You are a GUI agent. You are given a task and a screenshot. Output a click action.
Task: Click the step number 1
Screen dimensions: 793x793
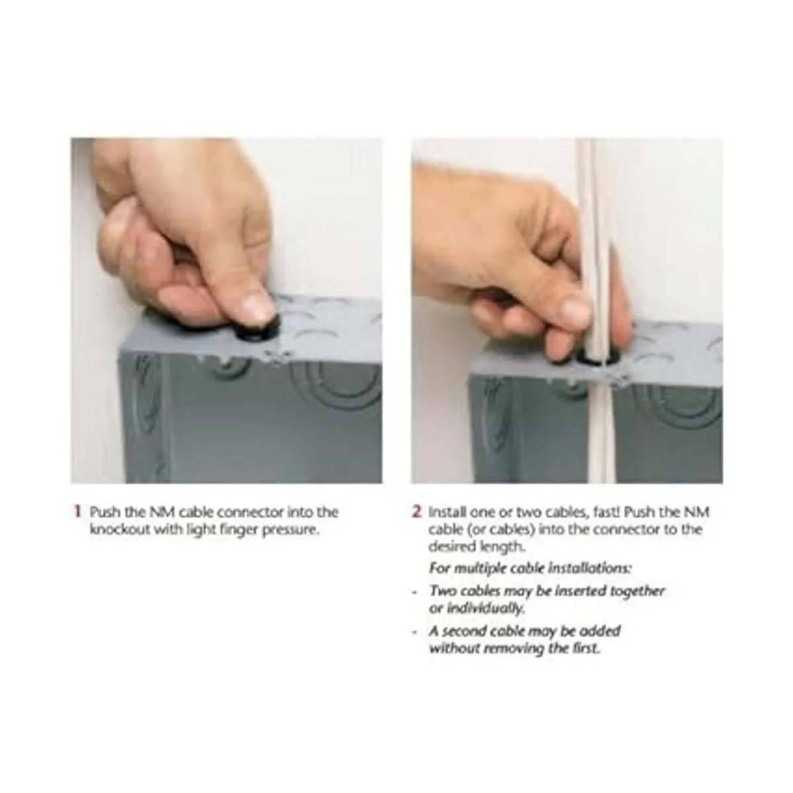(x=77, y=512)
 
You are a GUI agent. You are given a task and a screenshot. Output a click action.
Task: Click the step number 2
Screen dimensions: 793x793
(x=417, y=512)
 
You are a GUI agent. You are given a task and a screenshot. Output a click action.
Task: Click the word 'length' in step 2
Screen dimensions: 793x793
(x=505, y=547)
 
